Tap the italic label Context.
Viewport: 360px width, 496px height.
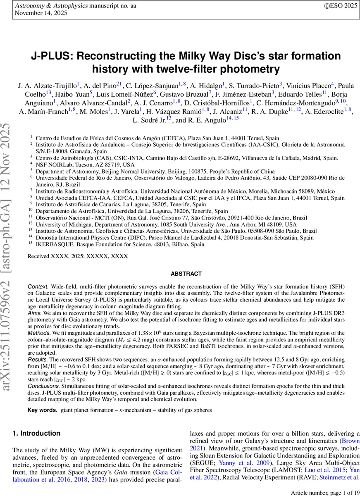click(37, 287)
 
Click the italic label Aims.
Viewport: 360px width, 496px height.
click(34, 313)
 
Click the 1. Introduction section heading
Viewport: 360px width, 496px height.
click(36, 433)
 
